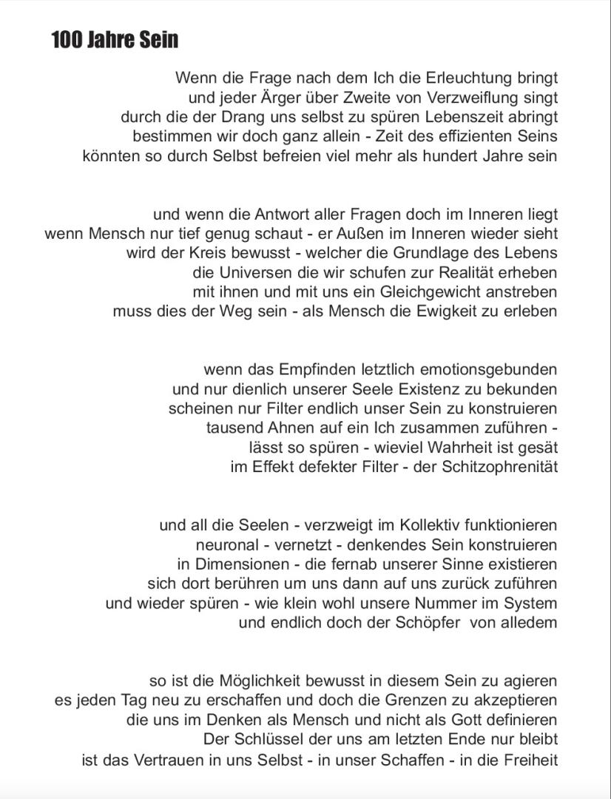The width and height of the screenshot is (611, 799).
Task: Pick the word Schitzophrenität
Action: coord(499,467)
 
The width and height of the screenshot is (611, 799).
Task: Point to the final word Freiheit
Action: coord(527,760)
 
